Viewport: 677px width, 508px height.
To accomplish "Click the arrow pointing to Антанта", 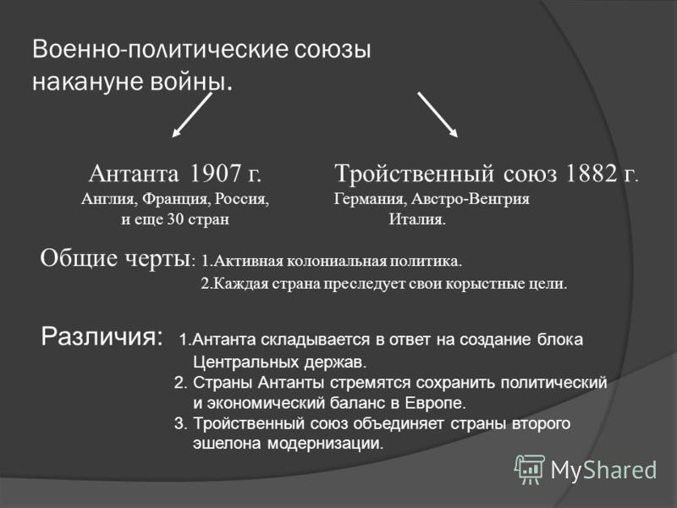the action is point(192,115).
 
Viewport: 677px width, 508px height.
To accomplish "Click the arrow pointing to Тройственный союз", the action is point(438,115).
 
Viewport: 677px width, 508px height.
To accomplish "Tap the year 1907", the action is point(215,174).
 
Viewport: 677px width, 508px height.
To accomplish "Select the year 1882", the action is point(591,174).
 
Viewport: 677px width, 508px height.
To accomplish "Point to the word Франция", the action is point(176,200).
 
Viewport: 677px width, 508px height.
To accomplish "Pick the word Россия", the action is point(242,199).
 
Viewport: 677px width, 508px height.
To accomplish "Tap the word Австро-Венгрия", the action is point(471,200).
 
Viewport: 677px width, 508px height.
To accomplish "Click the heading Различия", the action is point(102,335).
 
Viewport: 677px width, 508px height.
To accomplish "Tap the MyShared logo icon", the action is point(530,470).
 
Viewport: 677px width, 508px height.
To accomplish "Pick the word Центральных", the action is point(245,362).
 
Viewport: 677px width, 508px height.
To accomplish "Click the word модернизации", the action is point(325,444).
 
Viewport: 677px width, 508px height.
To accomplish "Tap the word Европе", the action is point(436,403).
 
